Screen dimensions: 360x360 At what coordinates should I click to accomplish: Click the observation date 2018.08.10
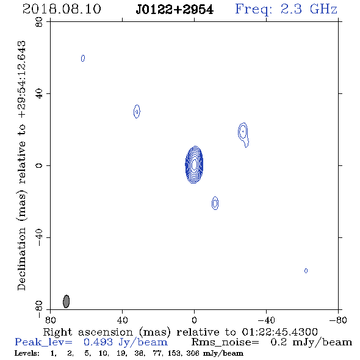tap(62, 9)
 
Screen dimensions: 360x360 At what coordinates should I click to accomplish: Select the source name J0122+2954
tap(175, 10)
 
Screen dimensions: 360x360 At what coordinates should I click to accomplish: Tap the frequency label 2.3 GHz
tap(309, 9)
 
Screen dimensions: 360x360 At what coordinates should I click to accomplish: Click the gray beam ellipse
tap(66, 301)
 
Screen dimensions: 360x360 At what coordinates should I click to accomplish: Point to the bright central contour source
tap(194, 165)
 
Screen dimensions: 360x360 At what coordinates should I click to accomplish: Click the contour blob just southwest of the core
tap(215, 203)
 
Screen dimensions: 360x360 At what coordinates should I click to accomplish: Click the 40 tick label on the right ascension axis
tap(122, 320)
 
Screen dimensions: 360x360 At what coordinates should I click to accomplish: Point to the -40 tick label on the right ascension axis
tap(266, 320)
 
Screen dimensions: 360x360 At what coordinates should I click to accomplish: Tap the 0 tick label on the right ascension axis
tap(194, 320)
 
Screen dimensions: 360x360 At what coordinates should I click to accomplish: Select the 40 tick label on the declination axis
tap(39, 94)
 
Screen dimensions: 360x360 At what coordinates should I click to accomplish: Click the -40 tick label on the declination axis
tap(39, 237)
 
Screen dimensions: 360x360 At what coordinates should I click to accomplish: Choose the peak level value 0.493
tap(98, 342)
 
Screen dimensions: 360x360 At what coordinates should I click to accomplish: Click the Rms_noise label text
tap(225, 342)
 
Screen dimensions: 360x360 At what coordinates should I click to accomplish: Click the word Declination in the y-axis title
tap(21, 259)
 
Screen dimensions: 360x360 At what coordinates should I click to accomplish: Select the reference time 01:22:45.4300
tap(279, 332)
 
